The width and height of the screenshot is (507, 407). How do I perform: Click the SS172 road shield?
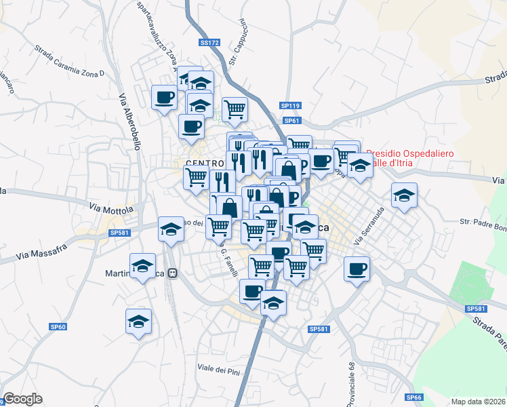coord(210,43)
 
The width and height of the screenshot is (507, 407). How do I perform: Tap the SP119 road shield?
coord(290,106)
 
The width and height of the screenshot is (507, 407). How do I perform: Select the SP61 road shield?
coord(292,121)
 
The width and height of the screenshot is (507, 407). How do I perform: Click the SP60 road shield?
coord(58,327)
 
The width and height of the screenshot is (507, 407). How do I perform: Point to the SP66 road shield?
coord(414,398)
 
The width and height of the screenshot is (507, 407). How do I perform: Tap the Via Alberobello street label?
coord(129,122)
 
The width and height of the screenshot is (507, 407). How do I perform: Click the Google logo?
coord(22,399)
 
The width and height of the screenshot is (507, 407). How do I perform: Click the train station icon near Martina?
coord(173,273)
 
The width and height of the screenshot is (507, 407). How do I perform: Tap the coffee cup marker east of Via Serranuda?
coord(357,269)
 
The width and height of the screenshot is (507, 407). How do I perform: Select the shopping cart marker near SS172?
coord(235,107)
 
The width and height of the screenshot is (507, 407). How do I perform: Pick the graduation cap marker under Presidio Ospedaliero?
coord(360,166)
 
